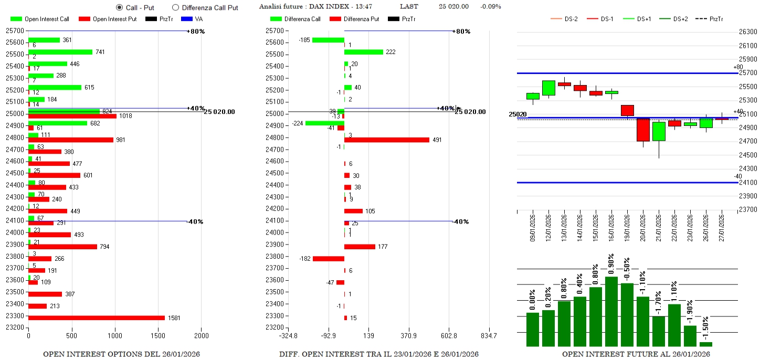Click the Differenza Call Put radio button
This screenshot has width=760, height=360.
click(175, 7)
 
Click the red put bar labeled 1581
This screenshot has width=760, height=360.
click(97, 317)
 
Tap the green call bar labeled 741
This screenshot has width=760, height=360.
click(60, 52)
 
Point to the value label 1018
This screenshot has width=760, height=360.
click(125, 116)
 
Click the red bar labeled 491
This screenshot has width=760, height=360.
click(386, 140)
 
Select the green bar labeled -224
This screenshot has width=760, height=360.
click(324, 123)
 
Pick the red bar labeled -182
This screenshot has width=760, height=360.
click(329, 259)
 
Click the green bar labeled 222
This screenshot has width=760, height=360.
click(363, 52)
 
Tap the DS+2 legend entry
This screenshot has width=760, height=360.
click(681, 19)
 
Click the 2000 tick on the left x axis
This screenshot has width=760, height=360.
click(202, 335)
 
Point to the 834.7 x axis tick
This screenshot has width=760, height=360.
click(489, 335)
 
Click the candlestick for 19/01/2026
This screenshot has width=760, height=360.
click(627, 110)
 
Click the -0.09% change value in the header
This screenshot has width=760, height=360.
click(490, 7)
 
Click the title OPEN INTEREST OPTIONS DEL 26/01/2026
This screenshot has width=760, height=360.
click(121, 354)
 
